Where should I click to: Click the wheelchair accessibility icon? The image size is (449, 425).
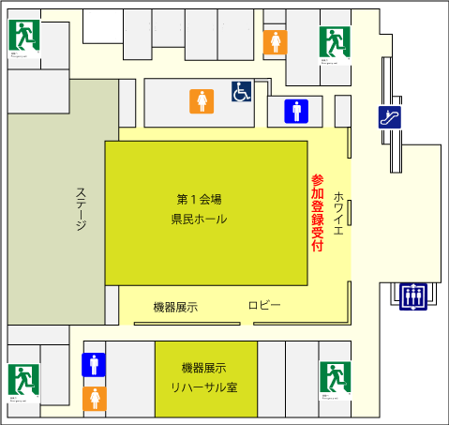(242, 92)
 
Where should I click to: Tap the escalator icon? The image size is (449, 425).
(390, 117)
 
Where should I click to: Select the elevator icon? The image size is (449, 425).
(412, 296)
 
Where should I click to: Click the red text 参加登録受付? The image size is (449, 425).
(317, 214)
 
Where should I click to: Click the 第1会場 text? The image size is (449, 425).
(200, 199)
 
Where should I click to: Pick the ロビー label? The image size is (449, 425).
(264, 306)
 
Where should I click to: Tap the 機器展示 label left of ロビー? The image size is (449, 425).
(175, 307)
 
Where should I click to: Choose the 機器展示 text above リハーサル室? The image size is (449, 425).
(204, 367)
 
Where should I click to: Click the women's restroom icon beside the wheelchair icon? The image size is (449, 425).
(202, 100)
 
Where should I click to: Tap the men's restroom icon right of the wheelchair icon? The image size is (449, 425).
(296, 111)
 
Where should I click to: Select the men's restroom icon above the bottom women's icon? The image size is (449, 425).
(93, 364)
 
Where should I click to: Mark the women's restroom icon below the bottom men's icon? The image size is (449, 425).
(93, 398)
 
